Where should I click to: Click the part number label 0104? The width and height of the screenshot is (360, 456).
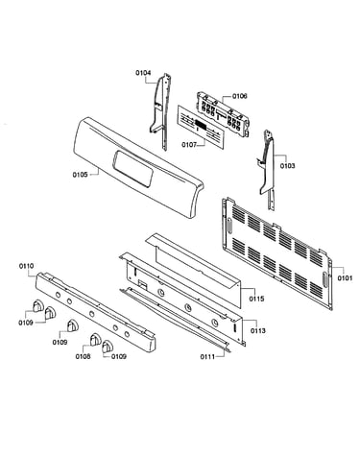(x=143, y=73)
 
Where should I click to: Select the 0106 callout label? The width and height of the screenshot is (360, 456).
(x=240, y=96)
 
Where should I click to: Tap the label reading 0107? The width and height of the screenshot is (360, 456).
(x=189, y=145)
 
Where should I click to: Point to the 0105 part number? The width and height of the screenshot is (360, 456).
(x=80, y=175)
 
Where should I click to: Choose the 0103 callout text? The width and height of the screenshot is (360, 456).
(x=287, y=166)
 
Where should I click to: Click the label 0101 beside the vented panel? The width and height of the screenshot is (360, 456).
(x=345, y=278)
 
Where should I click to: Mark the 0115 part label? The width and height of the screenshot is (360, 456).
(x=257, y=299)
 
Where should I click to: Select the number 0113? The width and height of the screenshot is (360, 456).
(x=257, y=330)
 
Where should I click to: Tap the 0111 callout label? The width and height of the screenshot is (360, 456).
(x=208, y=357)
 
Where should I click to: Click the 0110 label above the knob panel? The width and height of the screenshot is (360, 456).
(x=26, y=266)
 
